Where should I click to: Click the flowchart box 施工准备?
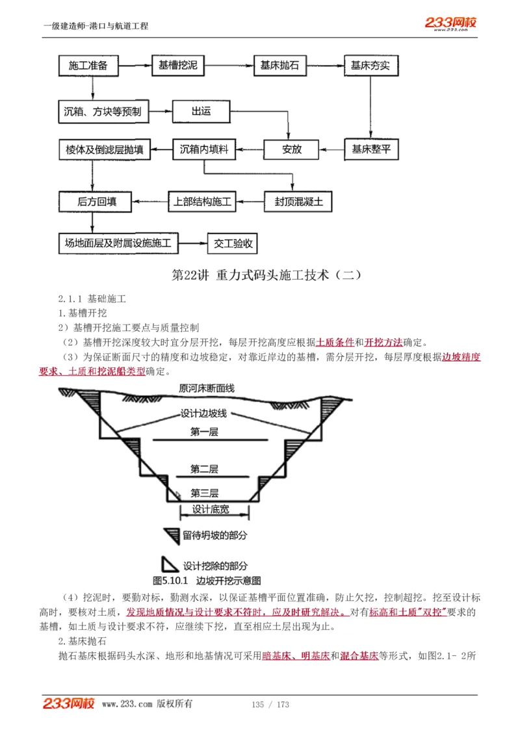92,66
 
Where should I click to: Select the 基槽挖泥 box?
177,66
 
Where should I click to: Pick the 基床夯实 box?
370,66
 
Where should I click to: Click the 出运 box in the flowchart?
201,112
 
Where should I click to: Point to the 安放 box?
292,150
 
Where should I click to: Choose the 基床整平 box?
371,150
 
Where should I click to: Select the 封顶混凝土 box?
294,202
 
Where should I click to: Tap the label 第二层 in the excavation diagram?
204,469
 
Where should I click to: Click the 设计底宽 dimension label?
211,510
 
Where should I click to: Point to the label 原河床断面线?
207,389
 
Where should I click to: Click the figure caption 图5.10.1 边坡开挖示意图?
206,580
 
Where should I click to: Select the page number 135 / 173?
270,704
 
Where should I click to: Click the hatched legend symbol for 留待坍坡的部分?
172,536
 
